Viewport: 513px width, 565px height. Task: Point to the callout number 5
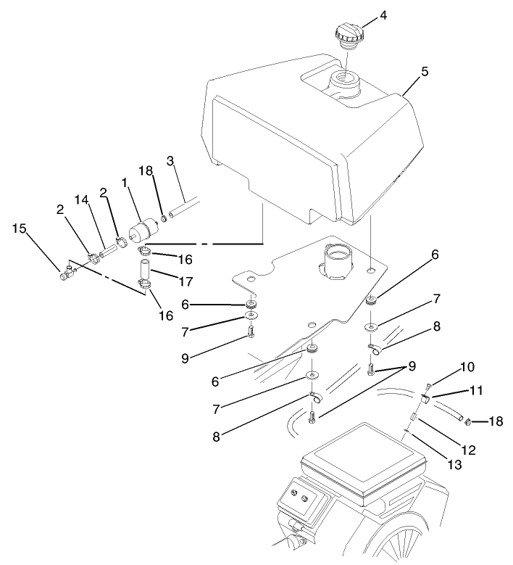pos(425,73)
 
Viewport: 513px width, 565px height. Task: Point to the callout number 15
pos(19,228)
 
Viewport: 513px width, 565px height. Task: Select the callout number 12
pos(469,450)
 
